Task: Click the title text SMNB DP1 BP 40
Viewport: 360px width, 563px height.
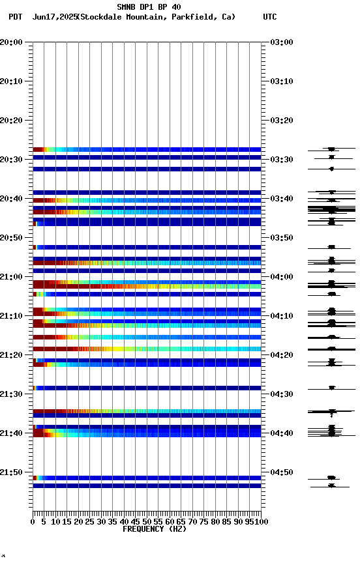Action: pyautogui.click(x=149, y=7)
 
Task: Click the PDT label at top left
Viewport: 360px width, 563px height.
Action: pyautogui.click(x=16, y=17)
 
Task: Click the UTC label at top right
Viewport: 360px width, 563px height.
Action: pyautogui.click(x=270, y=17)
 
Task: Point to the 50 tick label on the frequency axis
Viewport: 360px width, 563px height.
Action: pyautogui.click(x=147, y=522)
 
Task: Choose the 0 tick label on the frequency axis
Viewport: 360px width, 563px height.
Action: pyautogui.click(x=33, y=522)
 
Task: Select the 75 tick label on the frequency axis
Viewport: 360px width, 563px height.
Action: pyautogui.click(x=203, y=522)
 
